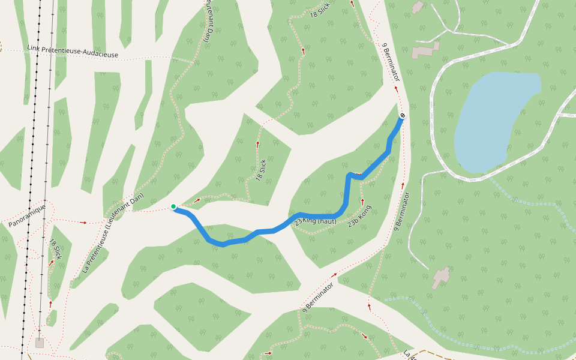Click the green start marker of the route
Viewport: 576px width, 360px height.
pos(173,206)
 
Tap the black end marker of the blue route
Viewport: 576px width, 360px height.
pos(403,115)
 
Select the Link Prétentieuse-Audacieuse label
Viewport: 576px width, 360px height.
pos(73,52)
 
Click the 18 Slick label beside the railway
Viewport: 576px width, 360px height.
pos(56,249)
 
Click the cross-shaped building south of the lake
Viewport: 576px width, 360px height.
pos(441,277)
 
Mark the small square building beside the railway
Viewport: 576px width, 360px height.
pos(40,343)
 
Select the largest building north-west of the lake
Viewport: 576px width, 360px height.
pos(425,50)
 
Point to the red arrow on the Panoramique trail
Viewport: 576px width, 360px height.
pos(83,223)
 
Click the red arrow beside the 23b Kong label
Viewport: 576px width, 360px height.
pos(362,201)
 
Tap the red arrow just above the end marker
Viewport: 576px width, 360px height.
pos(396,88)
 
